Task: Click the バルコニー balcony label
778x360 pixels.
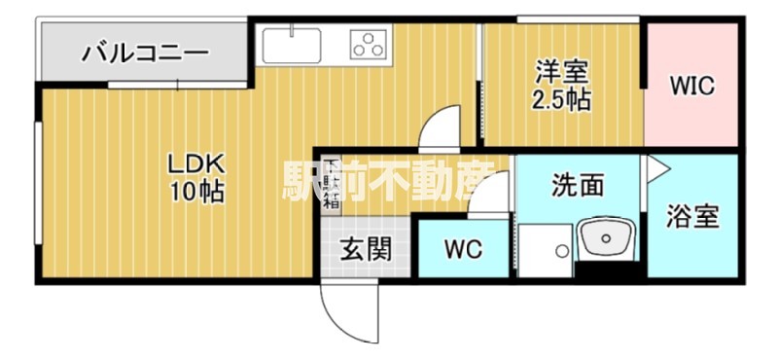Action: click(144, 54)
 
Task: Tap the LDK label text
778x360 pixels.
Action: click(196, 164)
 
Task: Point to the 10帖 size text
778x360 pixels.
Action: click(197, 193)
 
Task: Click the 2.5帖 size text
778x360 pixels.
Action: click(561, 101)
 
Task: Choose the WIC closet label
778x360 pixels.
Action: click(691, 87)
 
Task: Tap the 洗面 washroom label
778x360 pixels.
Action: click(578, 186)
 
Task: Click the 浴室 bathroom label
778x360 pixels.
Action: click(692, 217)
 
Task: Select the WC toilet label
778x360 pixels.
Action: click(463, 249)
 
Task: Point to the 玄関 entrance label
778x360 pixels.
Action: click(366, 249)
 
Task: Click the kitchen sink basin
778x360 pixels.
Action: click(292, 45)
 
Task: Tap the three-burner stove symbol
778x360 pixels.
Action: click(368, 44)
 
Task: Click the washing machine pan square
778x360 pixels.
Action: click(545, 250)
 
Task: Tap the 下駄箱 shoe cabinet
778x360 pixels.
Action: click(331, 186)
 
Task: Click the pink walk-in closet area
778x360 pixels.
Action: click(691, 85)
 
